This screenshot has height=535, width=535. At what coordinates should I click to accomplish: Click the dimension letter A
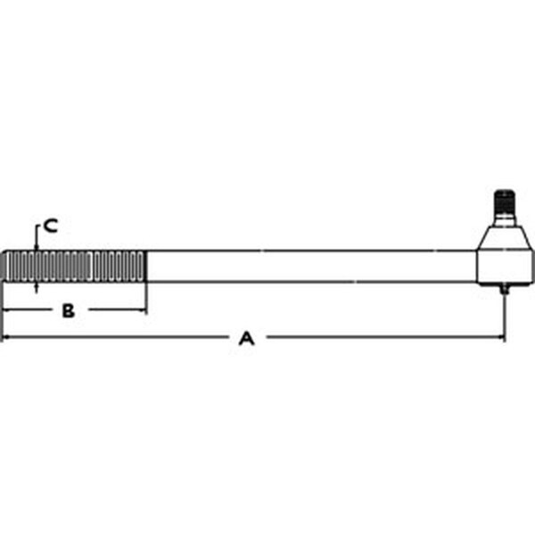(247, 338)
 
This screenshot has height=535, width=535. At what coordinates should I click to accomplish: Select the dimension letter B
(69, 310)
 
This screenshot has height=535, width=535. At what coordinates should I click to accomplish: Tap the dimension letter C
(51, 226)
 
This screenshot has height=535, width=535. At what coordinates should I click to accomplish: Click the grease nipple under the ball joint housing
(505, 289)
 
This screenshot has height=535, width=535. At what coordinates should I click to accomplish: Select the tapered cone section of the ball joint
(505, 239)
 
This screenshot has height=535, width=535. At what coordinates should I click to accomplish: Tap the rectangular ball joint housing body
(505, 267)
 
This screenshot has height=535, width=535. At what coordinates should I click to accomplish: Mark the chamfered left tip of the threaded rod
(3, 266)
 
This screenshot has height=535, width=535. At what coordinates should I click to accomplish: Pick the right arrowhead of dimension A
(501, 337)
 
